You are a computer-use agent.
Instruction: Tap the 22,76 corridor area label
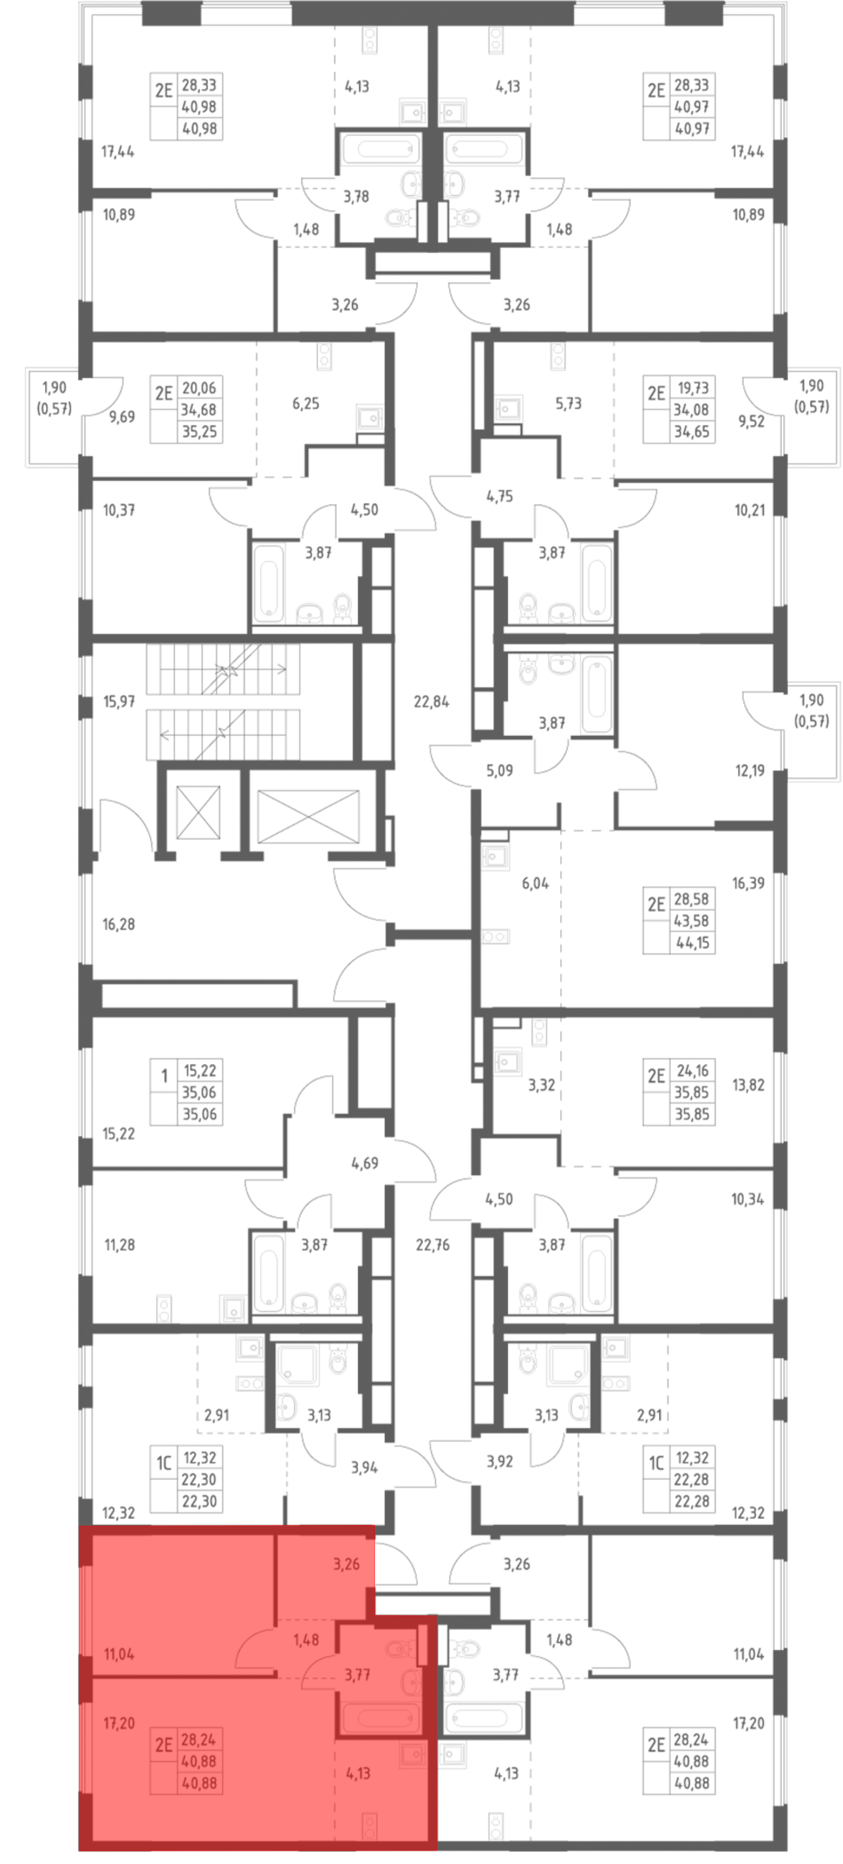(433, 1245)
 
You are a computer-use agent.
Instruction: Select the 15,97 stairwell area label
(119, 701)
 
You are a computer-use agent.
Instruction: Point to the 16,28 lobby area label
(119, 924)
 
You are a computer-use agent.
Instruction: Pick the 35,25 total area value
(199, 431)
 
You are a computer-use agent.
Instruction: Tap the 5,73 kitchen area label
(568, 403)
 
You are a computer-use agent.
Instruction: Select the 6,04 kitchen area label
(535, 883)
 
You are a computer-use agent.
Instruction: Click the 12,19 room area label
(750, 771)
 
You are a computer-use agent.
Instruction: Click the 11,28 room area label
(119, 1245)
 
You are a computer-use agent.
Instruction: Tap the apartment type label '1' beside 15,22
(164, 1076)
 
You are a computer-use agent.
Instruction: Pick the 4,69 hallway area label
(364, 1163)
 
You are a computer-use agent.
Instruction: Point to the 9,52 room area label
(751, 421)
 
